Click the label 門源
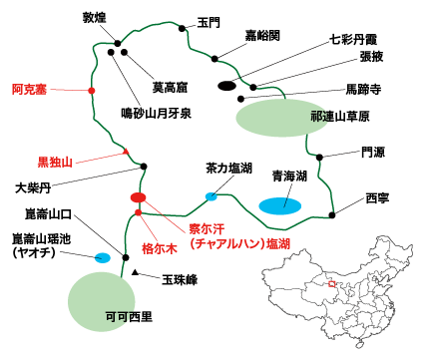coord(371,153)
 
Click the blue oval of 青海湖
coord(280,204)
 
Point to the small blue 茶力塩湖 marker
coord(211,195)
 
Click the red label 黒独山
coord(57,160)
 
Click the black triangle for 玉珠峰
coord(135,271)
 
